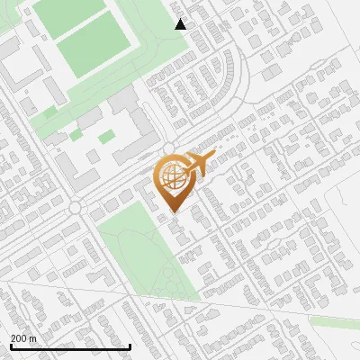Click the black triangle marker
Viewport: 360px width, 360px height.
[x=181, y=24]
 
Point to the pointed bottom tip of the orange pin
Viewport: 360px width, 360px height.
[x=174, y=212]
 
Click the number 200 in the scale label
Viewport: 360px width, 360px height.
[x=18, y=338]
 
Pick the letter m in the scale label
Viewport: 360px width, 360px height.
[x=32, y=338]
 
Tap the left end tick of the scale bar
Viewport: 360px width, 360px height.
[x=10, y=346]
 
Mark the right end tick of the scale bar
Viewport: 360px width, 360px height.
[x=130, y=346]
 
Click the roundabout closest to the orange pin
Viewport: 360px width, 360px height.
[x=168, y=148]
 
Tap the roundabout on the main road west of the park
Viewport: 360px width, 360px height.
[x=76, y=208]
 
